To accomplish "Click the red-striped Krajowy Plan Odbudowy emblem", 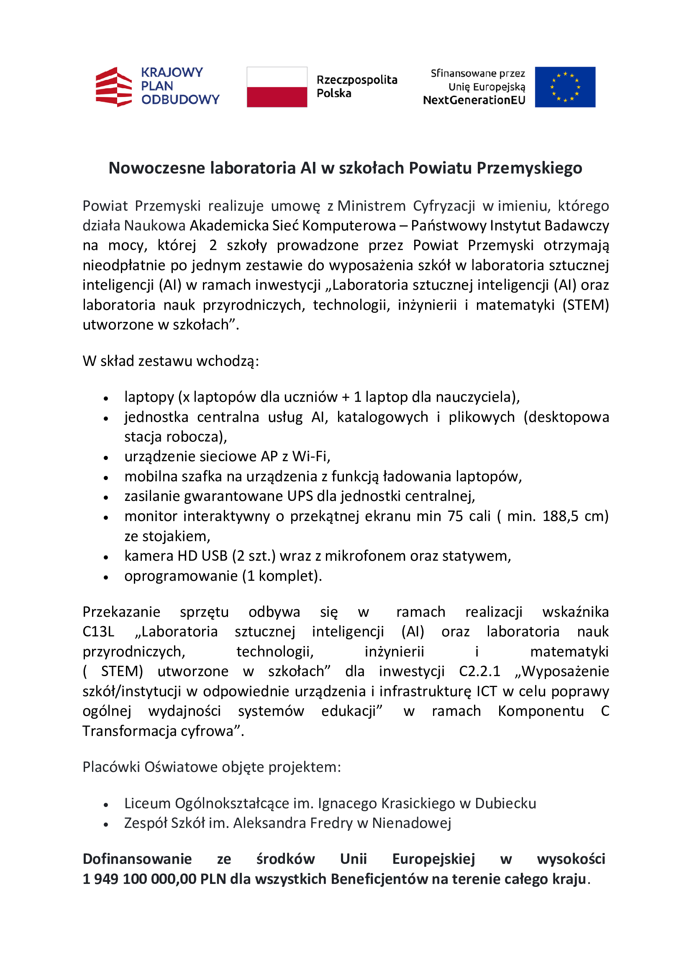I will (x=113, y=87).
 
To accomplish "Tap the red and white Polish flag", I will (x=277, y=87).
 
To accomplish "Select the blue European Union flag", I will (x=564, y=87).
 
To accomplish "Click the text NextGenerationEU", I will (x=474, y=100).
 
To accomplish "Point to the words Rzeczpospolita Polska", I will (x=356, y=87).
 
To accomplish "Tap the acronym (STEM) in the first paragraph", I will (x=585, y=305).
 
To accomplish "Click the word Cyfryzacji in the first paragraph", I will (x=443, y=206).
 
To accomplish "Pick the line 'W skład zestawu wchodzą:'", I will (x=170, y=361).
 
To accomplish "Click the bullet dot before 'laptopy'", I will (x=106, y=399).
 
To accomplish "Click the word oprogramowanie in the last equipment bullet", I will (x=181, y=576).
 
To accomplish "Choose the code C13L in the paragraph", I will (x=98, y=631).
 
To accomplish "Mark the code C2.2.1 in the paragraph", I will (x=479, y=671).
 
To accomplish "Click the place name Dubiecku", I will (x=505, y=803).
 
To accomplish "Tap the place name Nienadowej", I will (x=411, y=823).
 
